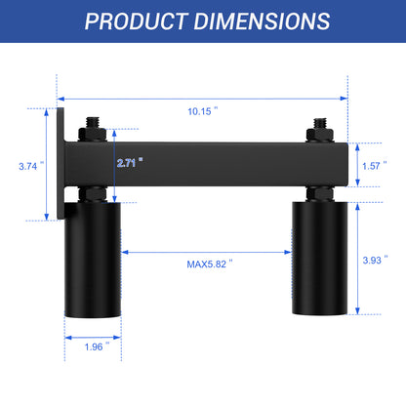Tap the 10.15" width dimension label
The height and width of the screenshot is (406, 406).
202,111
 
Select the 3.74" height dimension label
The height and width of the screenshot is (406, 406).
28,166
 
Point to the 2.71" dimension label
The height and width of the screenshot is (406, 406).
129,163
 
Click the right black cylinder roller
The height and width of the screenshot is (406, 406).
319,258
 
